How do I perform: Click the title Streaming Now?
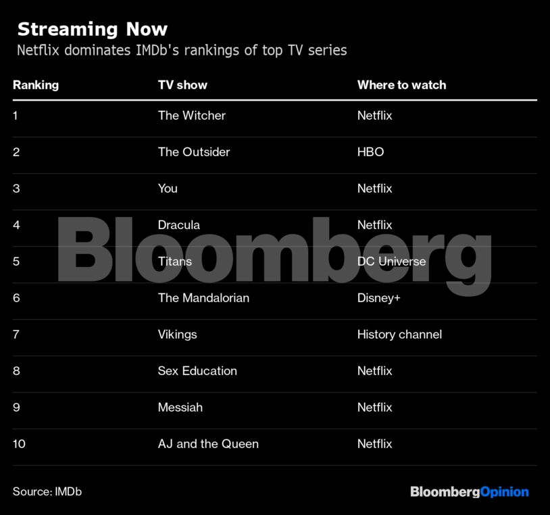(x=93, y=30)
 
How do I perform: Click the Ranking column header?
(x=36, y=85)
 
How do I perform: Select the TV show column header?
(x=182, y=85)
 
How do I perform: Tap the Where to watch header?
(x=401, y=85)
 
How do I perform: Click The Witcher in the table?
(x=191, y=116)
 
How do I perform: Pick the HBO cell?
(x=370, y=152)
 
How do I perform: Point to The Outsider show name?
(x=194, y=152)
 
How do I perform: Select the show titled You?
(x=168, y=189)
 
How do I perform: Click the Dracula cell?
(x=179, y=225)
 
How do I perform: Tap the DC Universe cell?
(x=391, y=262)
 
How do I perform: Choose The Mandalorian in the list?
(x=204, y=298)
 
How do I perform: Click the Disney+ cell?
(x=379, y=298)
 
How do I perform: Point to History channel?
(x=399, y=335)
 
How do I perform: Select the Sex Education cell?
(x=197, y=371)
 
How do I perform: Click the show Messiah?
(x=180, y=408)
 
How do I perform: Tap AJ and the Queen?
(x=208, y=444)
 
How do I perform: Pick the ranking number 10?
(x=19, y=444)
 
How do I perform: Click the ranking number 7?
(x=16, y=335)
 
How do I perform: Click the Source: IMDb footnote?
(x=47, y=491)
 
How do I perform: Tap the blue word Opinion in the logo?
(x=505, y=492)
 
